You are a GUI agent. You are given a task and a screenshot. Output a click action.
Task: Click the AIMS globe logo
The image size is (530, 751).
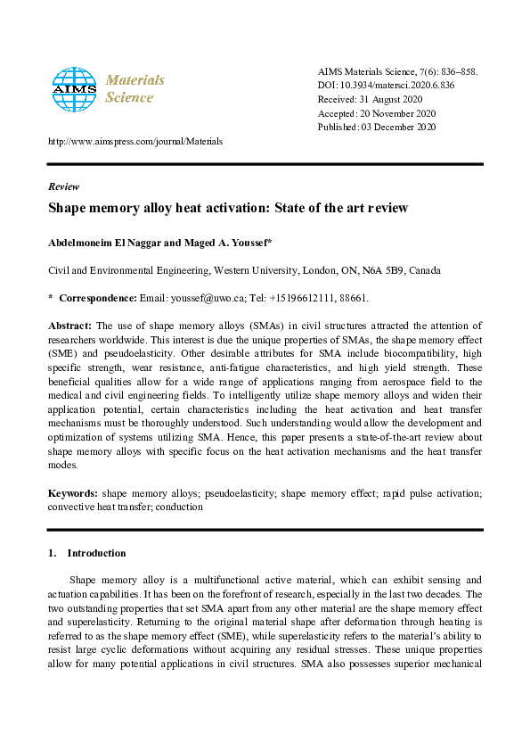(73, 88)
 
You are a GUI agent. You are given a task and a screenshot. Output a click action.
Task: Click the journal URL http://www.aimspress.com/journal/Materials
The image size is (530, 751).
(135, 141)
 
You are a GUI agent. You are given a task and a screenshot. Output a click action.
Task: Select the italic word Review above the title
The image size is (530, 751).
(63, 186)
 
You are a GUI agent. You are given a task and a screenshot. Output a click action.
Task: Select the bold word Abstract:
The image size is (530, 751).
(69, 326)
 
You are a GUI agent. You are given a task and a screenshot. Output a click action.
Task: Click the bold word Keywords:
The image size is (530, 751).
(73, 492)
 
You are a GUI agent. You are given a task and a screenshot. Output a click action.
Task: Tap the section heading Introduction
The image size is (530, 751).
(96, 552)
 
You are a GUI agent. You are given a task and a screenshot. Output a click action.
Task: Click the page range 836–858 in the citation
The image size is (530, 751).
(458, 70)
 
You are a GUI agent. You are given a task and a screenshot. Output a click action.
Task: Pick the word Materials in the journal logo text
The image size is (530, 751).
(135, 79)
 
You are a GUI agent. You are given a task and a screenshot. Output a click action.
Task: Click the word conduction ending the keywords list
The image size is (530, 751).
(179, 507)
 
